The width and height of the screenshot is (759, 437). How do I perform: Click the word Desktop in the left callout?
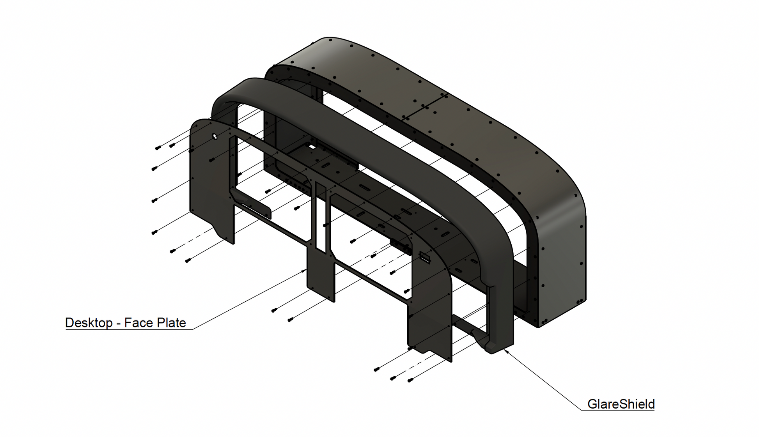pos(89,323)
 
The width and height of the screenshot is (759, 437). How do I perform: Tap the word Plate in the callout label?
pos(171,323)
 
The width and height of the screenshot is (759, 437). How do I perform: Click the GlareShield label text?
pos(621,404)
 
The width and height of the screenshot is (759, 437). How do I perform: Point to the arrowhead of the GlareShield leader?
pos(506,351)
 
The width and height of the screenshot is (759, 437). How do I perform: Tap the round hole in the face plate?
pos(215,136)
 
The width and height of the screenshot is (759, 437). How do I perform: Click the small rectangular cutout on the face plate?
pos(424,257)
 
